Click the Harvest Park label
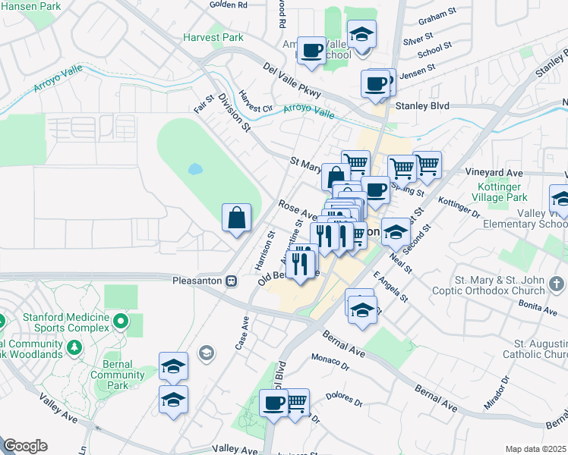(x=213, y=37)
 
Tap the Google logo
(x=25, y=446)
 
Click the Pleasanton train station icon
(x=232, y=281)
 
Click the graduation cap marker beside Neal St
(x=395, y=232)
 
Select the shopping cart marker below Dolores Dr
(x=295, y=400)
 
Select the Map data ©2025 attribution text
(x=535, y=449)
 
